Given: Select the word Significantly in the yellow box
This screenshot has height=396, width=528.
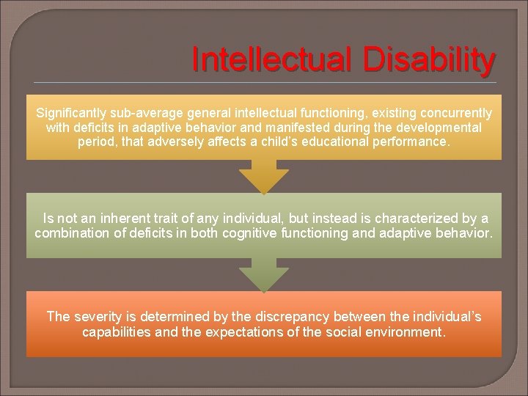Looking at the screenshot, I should click(72, 114).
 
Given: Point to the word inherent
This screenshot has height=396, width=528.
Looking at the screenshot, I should click(113, 219).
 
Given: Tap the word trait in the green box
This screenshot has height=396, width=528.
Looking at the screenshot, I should click(160, 219).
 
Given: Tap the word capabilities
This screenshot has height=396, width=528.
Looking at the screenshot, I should click(118, 331).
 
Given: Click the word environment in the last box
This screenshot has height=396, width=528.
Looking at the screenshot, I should click(407, 331).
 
